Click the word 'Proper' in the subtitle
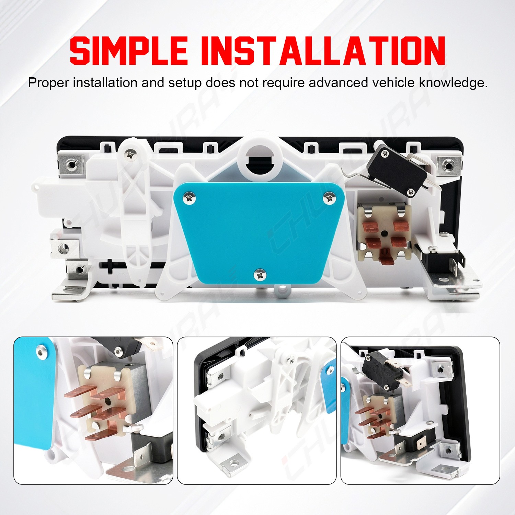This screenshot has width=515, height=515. [x=48, y=83]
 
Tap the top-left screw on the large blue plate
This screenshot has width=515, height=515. [x=189, y=198]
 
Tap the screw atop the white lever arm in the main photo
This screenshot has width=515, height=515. [x=131, y=154]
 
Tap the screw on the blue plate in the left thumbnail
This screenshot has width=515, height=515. [x=42, y=352]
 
